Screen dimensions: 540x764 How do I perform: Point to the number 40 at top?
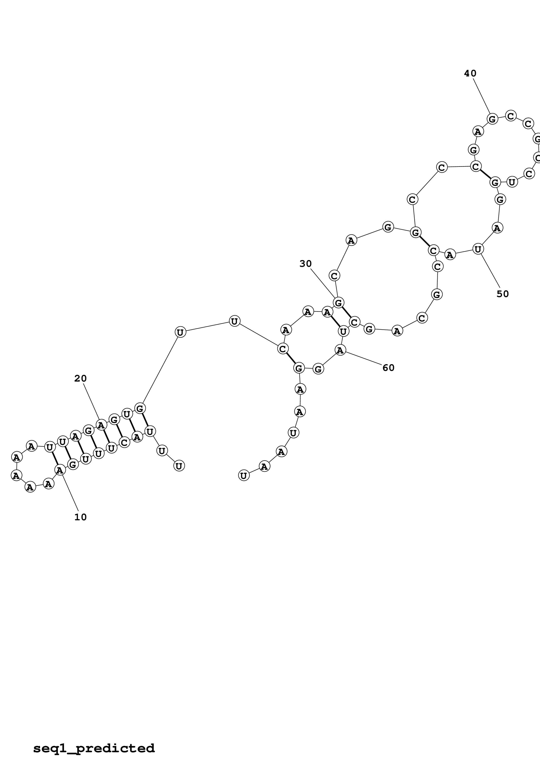point(470,73)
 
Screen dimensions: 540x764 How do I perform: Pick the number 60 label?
point(388,368)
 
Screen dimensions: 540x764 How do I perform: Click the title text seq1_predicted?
point(94,748)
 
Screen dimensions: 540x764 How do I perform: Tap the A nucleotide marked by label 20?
point(101,425)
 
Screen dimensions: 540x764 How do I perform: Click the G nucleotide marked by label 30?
point(338,303)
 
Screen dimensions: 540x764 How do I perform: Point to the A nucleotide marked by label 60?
point(340,350)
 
